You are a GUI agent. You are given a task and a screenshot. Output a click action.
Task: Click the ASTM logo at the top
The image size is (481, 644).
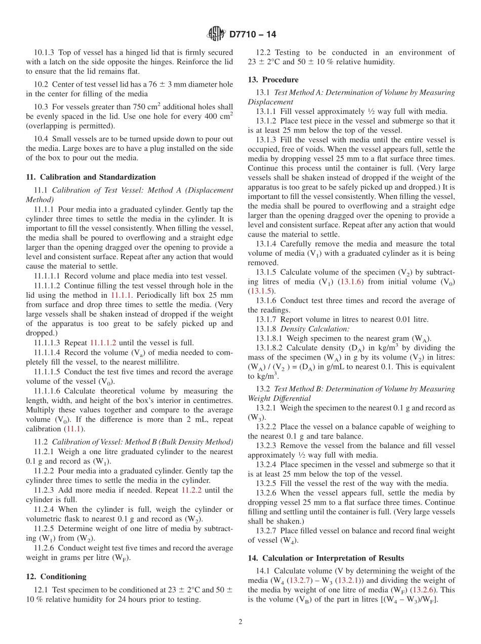click(217, 34)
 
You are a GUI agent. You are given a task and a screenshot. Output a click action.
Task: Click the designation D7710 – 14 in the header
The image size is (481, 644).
click(253, 35)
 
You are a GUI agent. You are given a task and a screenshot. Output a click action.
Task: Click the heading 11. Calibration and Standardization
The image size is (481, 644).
click(91, 177)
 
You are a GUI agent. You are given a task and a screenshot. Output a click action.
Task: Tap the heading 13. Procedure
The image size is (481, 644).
click(273, 79)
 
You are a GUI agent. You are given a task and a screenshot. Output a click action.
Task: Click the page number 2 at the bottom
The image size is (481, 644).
click(240, 622)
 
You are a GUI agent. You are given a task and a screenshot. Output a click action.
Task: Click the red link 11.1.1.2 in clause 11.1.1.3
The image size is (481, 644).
click(103, 343)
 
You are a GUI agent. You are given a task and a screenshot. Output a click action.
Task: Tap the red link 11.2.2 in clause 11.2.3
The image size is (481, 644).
click(192, 490)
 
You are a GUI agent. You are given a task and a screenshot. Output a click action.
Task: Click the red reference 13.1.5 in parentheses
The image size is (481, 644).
click(261, 291)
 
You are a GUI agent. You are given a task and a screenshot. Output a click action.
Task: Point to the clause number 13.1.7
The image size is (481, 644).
click(266, 319)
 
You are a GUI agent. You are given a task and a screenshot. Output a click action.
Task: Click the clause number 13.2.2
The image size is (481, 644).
click(266, 427)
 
